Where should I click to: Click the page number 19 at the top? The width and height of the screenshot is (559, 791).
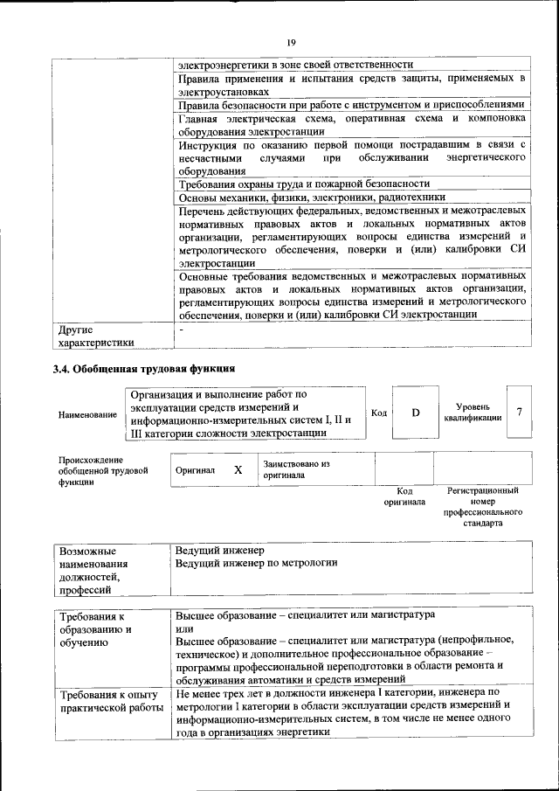coord(291,40)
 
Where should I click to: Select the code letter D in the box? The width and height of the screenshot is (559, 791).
coord(416,412)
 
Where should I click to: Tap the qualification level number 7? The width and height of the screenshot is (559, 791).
coord(520,412)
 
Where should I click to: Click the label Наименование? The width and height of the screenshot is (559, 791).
coord(86,414)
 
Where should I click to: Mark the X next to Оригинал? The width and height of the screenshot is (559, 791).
coord(238,469)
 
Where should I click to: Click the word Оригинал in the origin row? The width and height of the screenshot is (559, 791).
coord(195,469)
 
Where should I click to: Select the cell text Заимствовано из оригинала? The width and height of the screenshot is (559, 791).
coord(295,469)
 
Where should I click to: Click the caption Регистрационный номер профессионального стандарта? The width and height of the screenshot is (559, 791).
coord(483,507)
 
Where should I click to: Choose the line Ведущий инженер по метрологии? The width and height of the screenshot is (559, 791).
coord(256,563)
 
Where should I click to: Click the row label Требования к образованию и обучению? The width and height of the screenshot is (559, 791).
coord(95,631)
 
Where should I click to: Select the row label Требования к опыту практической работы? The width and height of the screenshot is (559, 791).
coord(110,700)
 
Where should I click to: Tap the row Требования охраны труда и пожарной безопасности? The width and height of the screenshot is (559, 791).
coord(303,184)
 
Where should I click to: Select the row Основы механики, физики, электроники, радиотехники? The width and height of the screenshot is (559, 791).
coord(311,198)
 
